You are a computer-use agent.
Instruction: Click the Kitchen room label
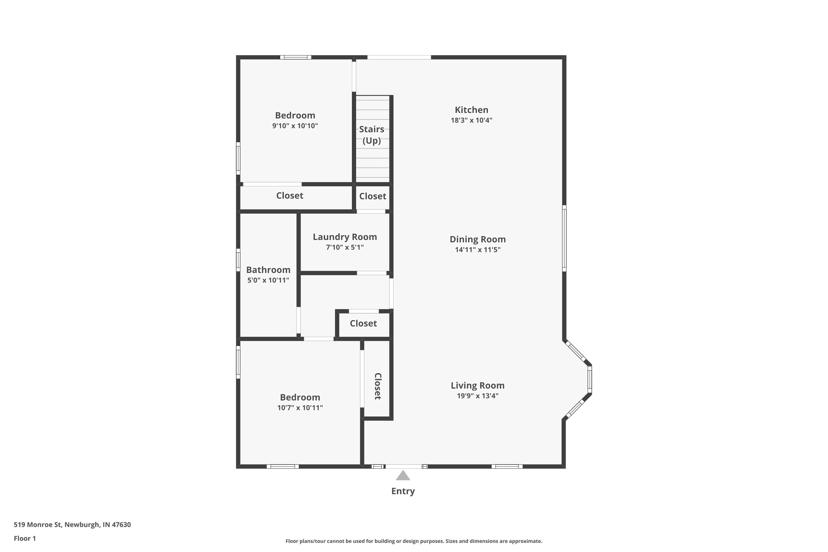tap(471, 110)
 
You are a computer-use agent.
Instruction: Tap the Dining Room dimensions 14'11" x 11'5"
tap(477, 250)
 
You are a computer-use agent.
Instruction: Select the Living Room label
tap(477, 386)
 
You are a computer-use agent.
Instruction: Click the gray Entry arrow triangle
tap(403, 476)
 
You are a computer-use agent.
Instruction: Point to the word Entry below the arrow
tap(403, 491)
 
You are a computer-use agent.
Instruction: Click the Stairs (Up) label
tap(371, 135)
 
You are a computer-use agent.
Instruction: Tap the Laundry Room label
tap(345, 237)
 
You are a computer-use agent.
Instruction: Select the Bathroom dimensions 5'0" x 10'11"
tap(268, 280)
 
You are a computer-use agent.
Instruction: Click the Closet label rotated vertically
tap(377, 386)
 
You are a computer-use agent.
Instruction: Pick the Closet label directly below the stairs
tap(372, 196)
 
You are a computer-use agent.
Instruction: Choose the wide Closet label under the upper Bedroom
tap(289, 195)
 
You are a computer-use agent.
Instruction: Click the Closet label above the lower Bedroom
tap(363, 323)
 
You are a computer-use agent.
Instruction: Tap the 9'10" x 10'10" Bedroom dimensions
tap(295, 126)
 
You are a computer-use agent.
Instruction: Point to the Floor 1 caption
tap(25, 538)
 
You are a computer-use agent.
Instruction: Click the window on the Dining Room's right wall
tap(564, 238)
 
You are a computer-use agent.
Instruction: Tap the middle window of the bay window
tap(590, 380)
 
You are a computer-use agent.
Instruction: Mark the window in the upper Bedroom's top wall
tap(295, 57)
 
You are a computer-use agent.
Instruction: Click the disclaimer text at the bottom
tap(414, 541)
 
